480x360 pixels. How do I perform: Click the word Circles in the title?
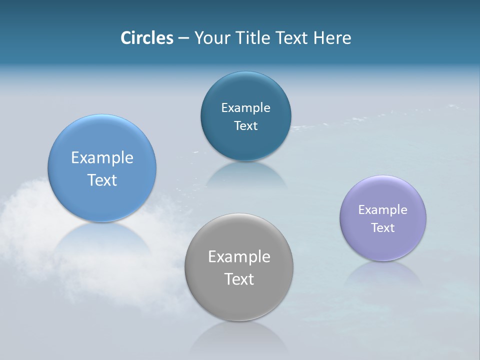(x=147, y=38)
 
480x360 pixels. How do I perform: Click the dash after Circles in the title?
(x=183, y=38)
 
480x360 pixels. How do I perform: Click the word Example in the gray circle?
(x=239, y=257)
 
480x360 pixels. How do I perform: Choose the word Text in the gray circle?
(x=239, y=279)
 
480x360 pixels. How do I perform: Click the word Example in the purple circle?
(x=383, y=210)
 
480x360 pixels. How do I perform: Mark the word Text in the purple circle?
(x=383, y=228)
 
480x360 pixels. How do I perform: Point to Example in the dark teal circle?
(x=245, y=108)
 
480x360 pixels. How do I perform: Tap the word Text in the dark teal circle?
(x=245, y=126)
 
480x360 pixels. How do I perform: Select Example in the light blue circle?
(x=102, y=158)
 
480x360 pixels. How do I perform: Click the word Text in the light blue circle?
(x=102, y=180)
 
